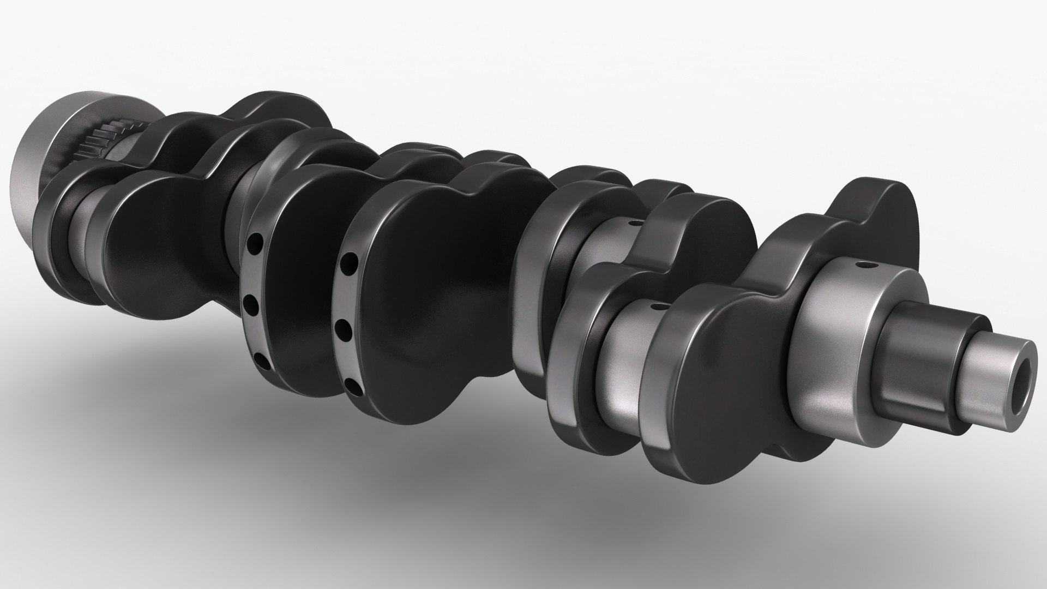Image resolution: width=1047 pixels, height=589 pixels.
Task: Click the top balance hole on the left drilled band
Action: coord(252,241)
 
